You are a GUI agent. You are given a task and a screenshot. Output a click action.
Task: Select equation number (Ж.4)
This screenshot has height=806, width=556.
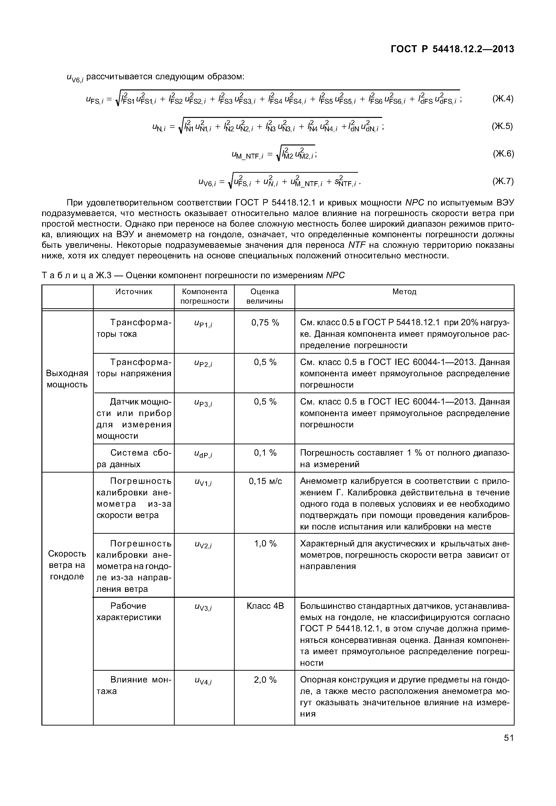(503, 99)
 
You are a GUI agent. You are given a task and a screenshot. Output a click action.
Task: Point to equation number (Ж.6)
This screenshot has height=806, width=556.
(503, 154)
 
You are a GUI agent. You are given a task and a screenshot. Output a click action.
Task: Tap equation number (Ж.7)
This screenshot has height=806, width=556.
(503, 181)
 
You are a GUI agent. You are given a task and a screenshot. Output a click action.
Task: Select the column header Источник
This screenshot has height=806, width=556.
(134, 292)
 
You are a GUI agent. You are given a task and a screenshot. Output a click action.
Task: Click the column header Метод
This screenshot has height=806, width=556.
(404, 292)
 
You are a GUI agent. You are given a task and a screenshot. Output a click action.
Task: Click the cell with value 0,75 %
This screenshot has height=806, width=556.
(265, 323)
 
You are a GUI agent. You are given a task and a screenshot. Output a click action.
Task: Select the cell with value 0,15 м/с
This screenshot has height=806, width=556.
(265, 481)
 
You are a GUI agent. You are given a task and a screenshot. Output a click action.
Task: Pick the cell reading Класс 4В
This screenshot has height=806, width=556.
(265, 606)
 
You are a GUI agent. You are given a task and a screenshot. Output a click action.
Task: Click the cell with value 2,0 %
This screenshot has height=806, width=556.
(265, 680)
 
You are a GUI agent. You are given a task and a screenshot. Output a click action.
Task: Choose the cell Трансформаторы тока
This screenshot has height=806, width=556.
(134, 329)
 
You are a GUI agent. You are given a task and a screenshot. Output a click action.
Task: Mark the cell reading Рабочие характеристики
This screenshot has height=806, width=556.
(129, 612)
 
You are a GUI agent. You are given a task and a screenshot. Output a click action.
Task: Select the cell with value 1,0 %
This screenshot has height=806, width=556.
(265, 544)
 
